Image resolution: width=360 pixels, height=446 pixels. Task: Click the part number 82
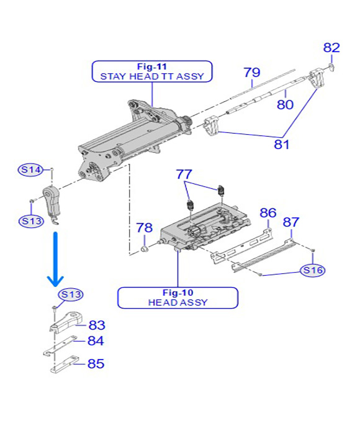tap(331, 47)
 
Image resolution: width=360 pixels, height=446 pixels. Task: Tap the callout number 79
tap(252, 72)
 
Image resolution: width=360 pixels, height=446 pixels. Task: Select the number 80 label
tap(285, 104)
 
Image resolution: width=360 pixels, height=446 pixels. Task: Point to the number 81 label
tap(281, 145)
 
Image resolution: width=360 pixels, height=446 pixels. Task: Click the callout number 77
tap(184, 175)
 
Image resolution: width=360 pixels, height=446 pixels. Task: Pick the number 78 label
tap(145, 227)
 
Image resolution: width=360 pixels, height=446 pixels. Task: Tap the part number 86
tap(268, 213)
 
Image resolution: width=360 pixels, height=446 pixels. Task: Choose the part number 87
tap(291, 222)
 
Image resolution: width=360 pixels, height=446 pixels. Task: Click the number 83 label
tap(97, 325)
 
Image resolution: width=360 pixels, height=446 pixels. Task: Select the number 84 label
tap(96, 341)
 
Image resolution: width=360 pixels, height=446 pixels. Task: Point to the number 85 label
tap(96, 363)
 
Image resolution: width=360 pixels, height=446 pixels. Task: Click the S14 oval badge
tap(30, 170)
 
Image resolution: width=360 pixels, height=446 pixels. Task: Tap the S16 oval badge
tap(313, 270)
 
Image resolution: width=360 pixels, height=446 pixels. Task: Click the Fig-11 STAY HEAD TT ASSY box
tap(152, 71)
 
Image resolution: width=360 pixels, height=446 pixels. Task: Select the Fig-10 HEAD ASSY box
tap(178, 298)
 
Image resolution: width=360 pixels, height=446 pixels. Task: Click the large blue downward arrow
tap(55, 259)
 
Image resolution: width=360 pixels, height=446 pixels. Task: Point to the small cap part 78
tap(145, 250)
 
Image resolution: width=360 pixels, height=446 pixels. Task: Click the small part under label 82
tap(331, 67)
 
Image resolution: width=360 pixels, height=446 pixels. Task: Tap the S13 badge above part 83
tap(71, 294)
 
